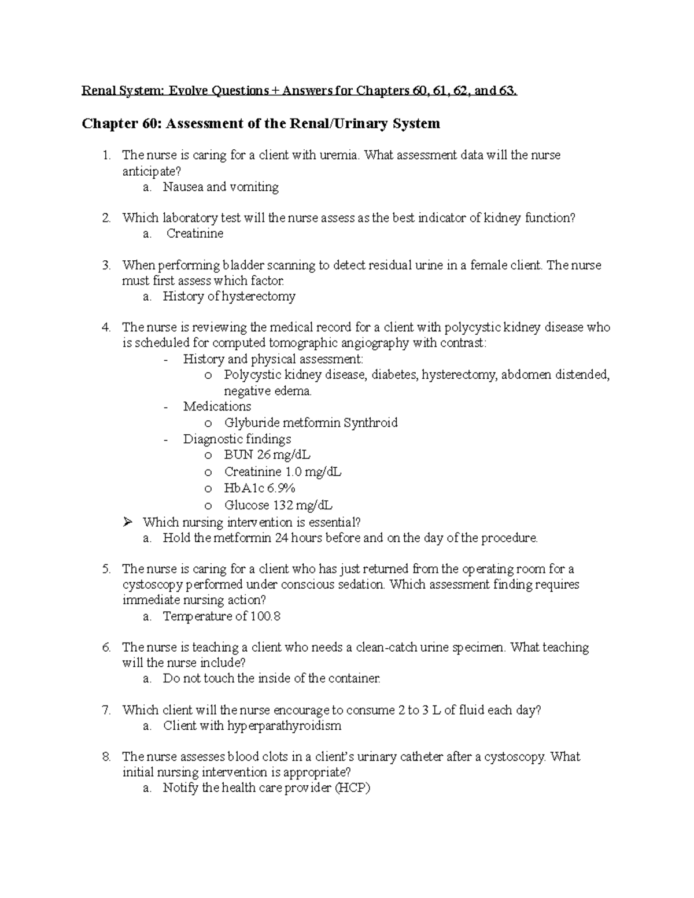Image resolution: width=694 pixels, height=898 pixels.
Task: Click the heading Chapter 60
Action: pos(116,123)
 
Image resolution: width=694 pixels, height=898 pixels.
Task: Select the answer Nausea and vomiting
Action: pos(220,187)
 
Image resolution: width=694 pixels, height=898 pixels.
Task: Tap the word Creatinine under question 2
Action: pos(195,234)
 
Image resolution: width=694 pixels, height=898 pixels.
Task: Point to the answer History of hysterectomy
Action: pos(229,297)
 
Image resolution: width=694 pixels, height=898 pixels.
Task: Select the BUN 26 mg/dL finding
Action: pos(267,455)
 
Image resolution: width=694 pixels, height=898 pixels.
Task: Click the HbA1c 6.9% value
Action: pos(260,488)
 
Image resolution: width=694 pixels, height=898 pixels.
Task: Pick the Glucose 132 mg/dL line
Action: pos(278,505)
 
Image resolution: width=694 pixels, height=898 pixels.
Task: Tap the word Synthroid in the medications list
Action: pos(370,423)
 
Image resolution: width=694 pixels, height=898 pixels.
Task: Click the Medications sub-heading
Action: pos(217,406)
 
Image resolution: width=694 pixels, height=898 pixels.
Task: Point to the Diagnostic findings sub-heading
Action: pos(237,439)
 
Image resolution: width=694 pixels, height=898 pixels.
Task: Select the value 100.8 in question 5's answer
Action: pos(265,616)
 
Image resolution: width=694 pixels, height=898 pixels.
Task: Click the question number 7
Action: pos(105,710)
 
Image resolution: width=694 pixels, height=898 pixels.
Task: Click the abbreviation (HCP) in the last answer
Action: pos(352,788)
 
